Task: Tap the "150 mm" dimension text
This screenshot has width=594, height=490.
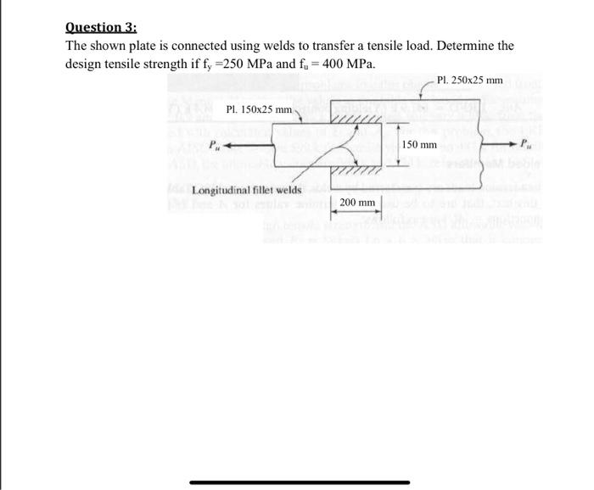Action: click(x=420, y=145)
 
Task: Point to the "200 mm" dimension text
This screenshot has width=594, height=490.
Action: click(x=356, y=203)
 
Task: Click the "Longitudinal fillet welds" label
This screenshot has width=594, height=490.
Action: click(x=247, y=191)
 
